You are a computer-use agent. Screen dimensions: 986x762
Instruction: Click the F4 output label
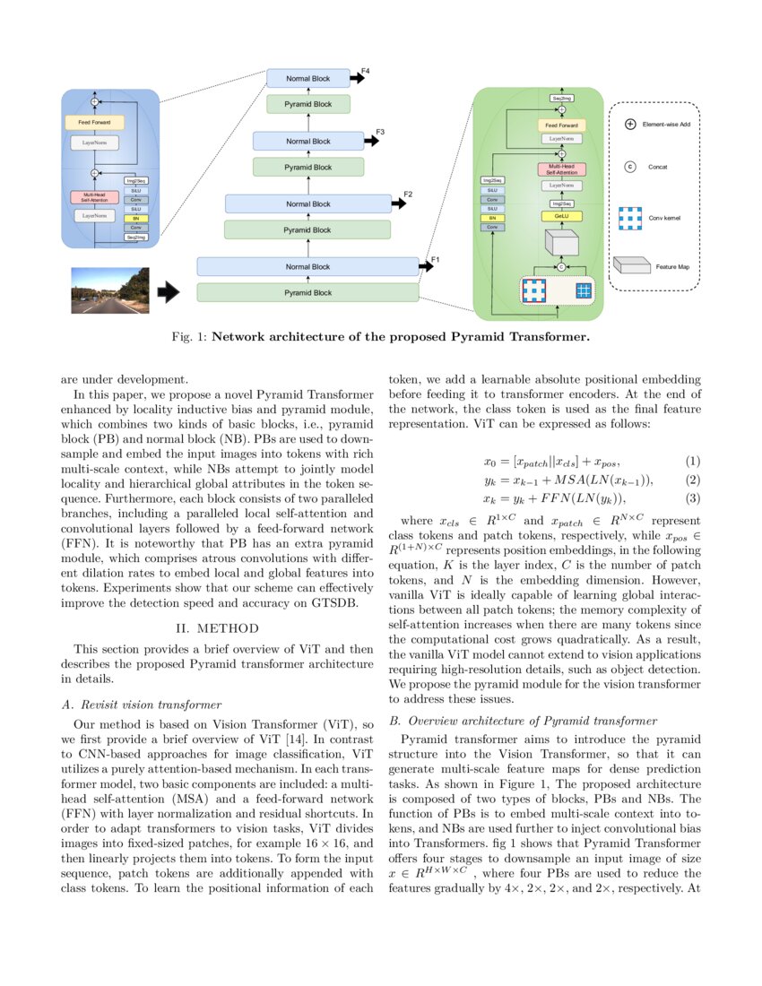point(365,70)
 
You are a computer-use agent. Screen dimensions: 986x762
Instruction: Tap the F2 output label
point(408,195)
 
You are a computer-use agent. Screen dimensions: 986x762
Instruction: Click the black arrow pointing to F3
point(369,142)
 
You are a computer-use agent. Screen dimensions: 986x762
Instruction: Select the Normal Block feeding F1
point(307,266)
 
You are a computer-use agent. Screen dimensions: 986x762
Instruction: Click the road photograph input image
point(110,290)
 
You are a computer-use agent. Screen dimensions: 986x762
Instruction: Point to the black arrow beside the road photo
point(168,291)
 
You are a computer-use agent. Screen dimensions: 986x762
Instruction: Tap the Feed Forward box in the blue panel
point(94,121)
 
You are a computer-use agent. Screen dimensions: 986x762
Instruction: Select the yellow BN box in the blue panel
point(136,218)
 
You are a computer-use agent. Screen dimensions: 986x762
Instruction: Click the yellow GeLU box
point(561,216)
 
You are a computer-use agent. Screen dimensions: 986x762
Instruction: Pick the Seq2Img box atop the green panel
point(562,98)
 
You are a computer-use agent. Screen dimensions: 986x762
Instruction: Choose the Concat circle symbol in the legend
point(630,167)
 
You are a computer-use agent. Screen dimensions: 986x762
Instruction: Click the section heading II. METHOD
point(217,627)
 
